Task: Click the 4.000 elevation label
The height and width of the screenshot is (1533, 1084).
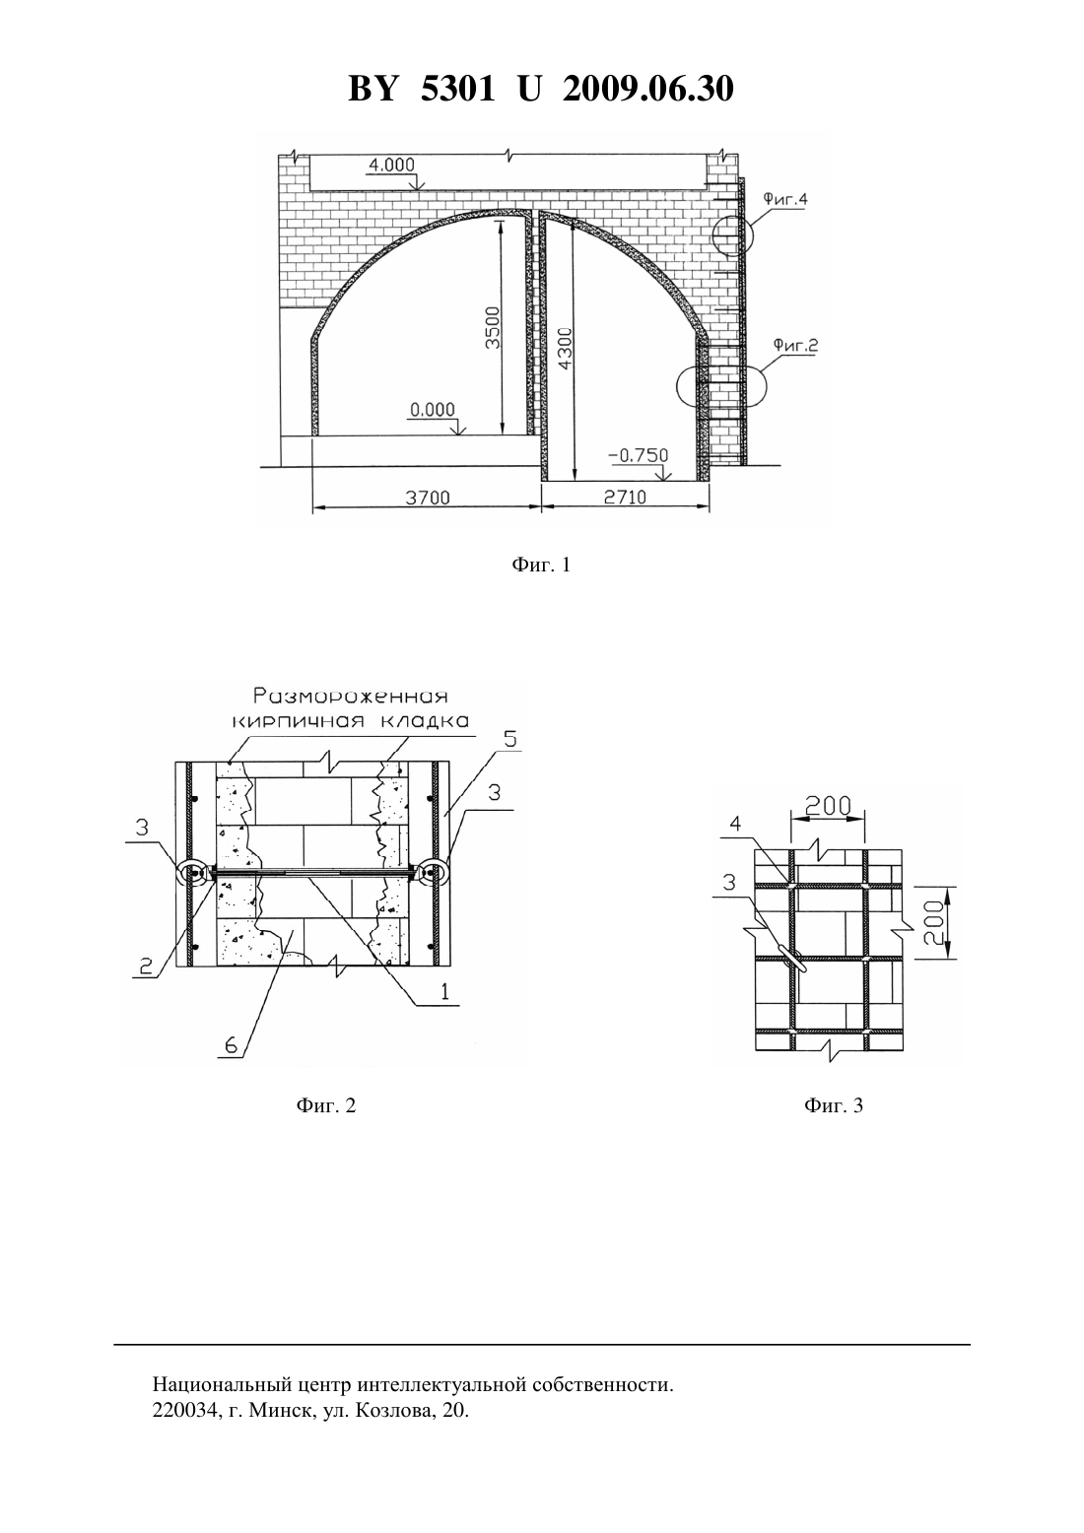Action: (x=391, y=165)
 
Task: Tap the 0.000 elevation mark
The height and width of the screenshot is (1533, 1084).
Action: (x=433, y=409)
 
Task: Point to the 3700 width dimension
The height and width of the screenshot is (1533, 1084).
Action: (x=428, y=498)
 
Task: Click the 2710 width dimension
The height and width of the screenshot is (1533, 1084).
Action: (x=625, y=498)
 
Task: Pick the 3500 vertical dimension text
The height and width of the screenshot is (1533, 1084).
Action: (x=493, y=328)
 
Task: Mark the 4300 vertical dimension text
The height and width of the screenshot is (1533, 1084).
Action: (x=566, y=349)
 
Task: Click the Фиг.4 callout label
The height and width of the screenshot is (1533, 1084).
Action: (x=785, y=199)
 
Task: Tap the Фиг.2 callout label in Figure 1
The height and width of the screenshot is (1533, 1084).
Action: (x=796, y=345)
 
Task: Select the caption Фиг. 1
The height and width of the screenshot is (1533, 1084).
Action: (x=541, y=566)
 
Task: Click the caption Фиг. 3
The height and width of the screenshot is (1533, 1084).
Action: (x=834, y=1105)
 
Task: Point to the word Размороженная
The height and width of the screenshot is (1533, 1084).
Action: (x=351, y=697)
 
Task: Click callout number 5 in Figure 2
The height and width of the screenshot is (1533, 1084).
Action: (x=510, y=739)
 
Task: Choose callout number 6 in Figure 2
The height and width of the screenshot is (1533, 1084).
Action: (x=230, y=1045)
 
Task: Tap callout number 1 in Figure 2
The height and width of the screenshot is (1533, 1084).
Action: (x=444, y=992)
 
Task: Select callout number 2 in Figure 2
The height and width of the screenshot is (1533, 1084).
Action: (x=146, y=966)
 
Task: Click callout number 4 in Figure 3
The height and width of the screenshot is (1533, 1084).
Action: (x=735, y=823)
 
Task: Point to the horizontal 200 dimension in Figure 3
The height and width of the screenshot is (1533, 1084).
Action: (x=828, y=806)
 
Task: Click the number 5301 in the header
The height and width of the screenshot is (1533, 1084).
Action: (x=457, y=89)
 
